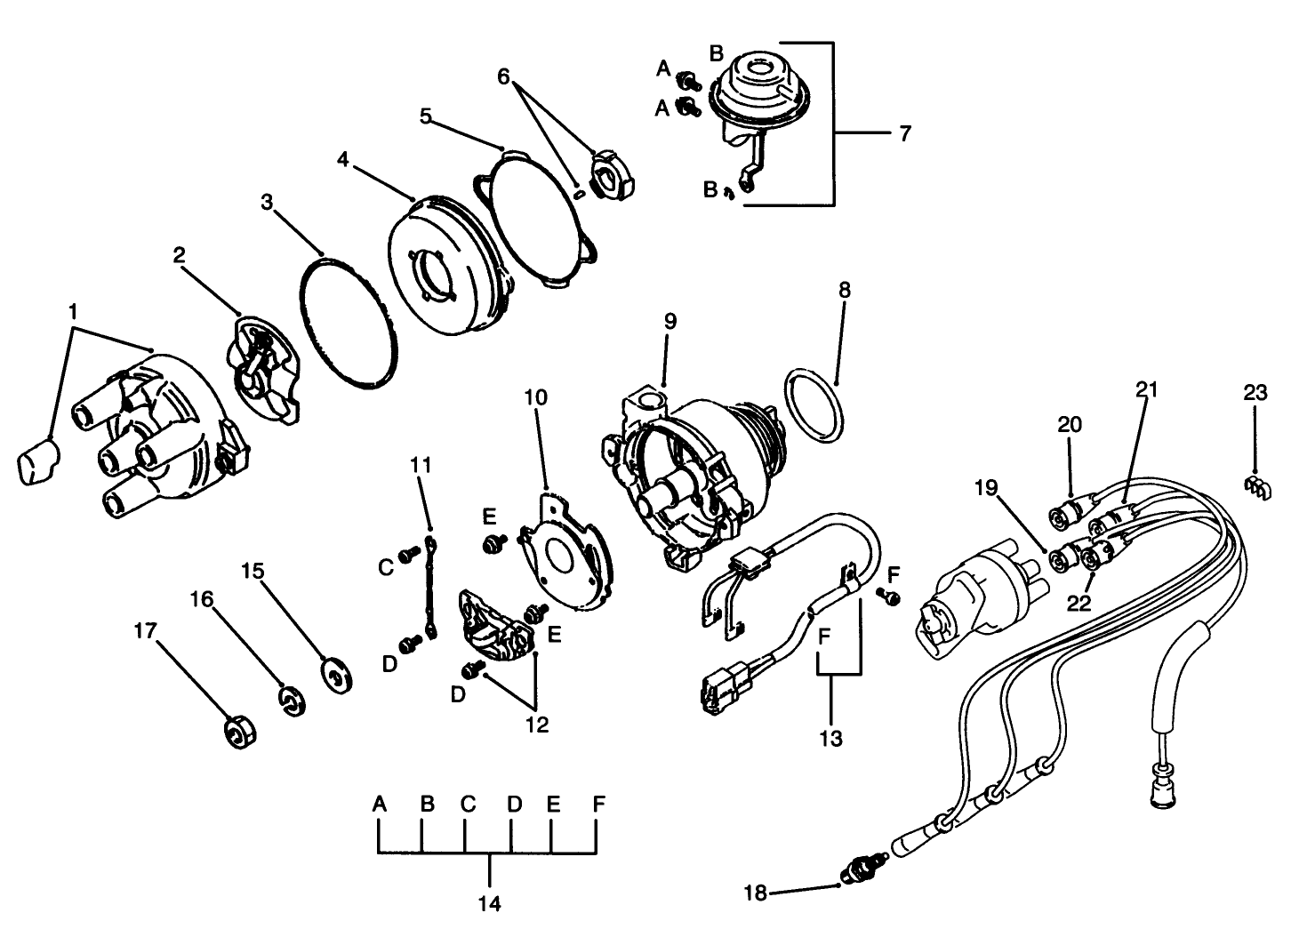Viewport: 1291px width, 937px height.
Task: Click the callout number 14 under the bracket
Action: pyautogui.click(x=489, y=904)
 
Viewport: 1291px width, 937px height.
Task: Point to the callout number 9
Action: pyautogui.click(x=670, y=322)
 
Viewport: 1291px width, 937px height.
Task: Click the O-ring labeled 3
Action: pyautogui.click(x=346, y=323)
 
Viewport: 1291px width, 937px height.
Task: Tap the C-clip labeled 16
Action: pyautogui.click(x=291, y=701)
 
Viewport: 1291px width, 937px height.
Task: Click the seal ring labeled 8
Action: pyautogui.click(x=814, y=406)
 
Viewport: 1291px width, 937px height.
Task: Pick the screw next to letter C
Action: pyautogui.click(x=409, y=554)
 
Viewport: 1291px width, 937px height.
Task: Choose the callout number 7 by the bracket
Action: pyautogui.click(x=905, y=134)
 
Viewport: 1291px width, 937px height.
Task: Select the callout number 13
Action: pyautogui.click(x=830, y=738)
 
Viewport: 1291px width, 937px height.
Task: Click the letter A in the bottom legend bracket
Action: pyautogui.click(x=380, y=805)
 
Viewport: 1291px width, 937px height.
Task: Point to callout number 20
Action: pyautogui.click(x=1070, y=425)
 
